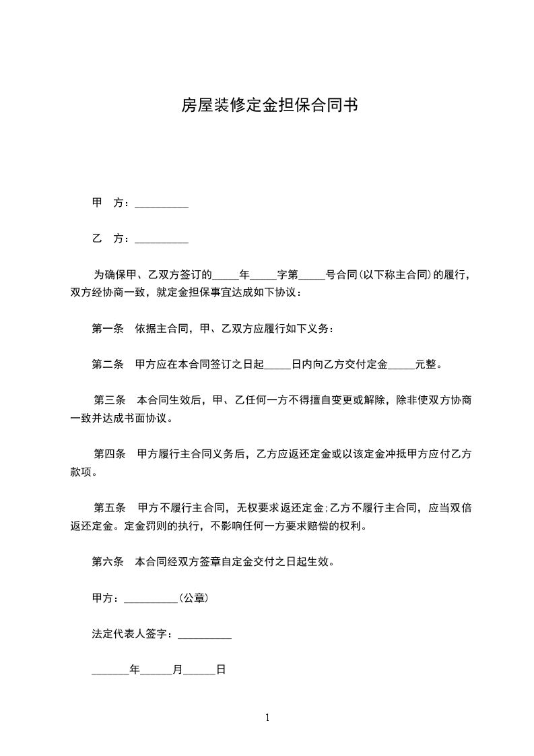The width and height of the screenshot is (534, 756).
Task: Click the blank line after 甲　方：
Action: [162, 204]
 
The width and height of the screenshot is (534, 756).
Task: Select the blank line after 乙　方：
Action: [162, 240]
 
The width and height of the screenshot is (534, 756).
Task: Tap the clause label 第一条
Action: [108, 329]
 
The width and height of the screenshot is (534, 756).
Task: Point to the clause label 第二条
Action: [108, 365]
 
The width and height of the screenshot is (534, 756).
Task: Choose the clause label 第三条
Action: [110, 401]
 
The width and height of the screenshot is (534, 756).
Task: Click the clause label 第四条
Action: [110, 455]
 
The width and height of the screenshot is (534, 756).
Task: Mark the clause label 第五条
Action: [110, 509]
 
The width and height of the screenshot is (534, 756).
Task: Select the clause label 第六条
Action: [108, 562]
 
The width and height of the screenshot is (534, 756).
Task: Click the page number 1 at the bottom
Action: [267, 718]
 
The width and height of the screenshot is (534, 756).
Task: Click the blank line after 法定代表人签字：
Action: [204, 635]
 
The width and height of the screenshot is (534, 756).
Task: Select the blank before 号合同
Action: [312, 276]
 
